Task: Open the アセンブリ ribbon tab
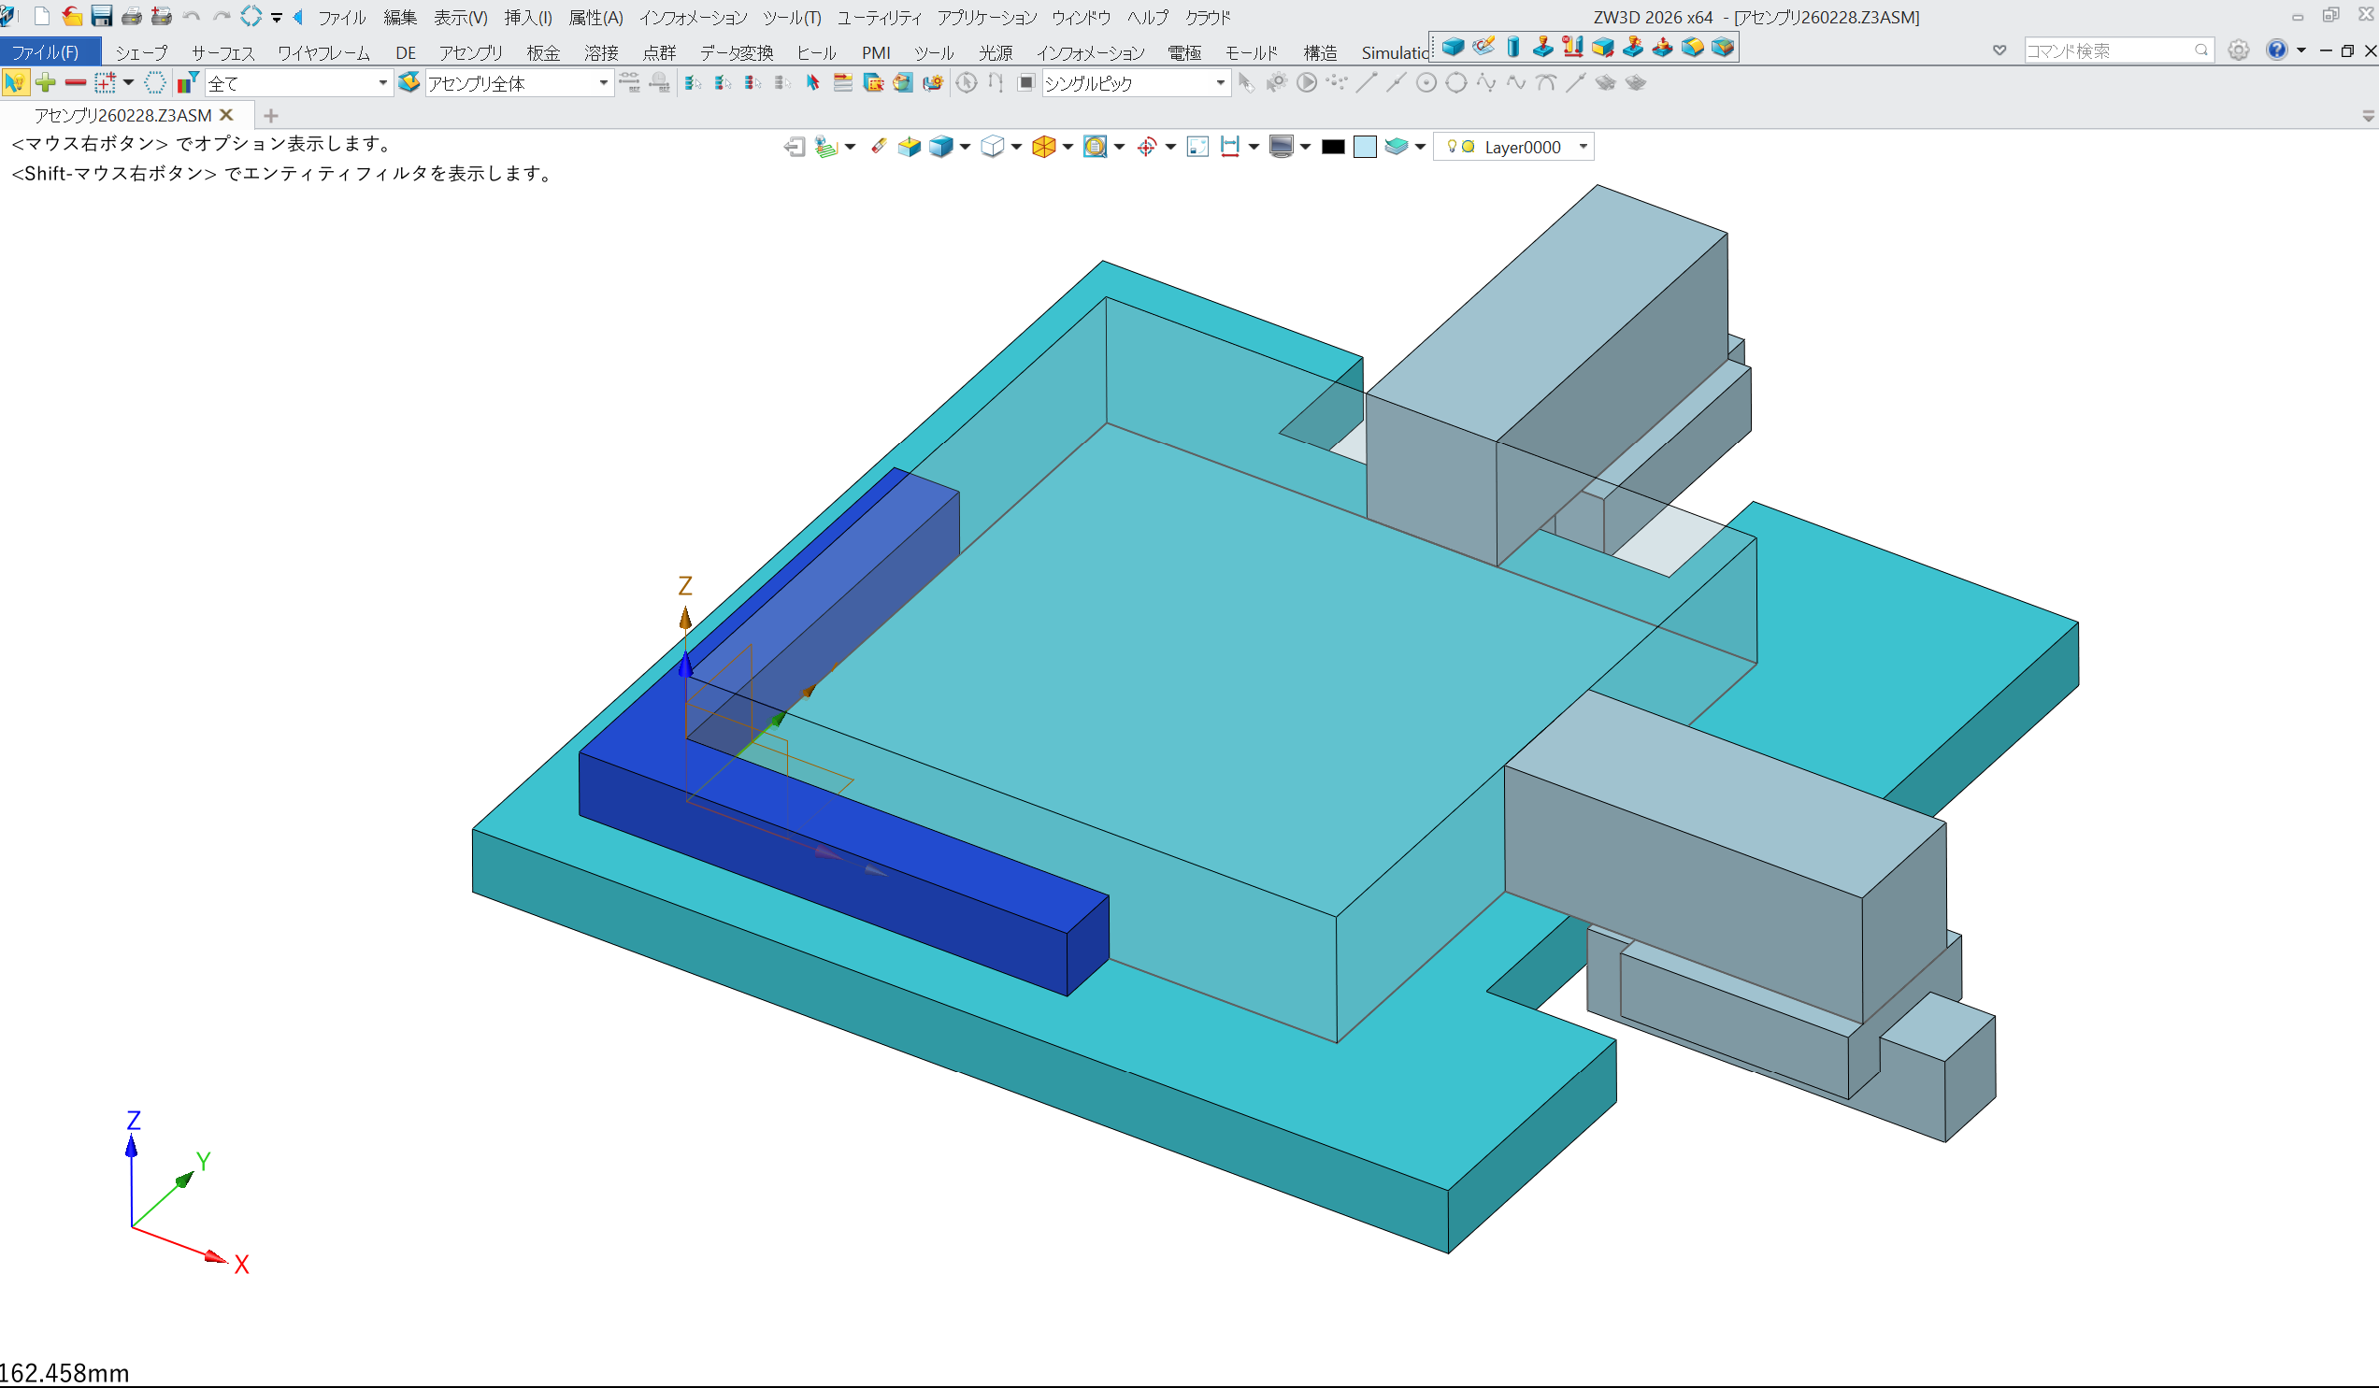point(470,53)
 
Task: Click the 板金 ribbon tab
point(543,53)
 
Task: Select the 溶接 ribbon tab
point(600,53)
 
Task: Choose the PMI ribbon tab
point(875,53)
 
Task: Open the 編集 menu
point(399,17)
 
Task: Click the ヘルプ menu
point(1147,17)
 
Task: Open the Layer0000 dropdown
point(1584,147)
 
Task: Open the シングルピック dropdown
point(1220,83)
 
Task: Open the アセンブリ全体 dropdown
point(603,83)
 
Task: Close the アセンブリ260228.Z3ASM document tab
point(226,115)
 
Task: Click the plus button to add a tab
point(271,116)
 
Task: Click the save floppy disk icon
point(101,16)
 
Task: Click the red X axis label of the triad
point(242,1265)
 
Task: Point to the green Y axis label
point(203,1161)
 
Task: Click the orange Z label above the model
point(685,586)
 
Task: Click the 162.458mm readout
point(64,1373)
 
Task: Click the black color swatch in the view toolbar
point(1332,147)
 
